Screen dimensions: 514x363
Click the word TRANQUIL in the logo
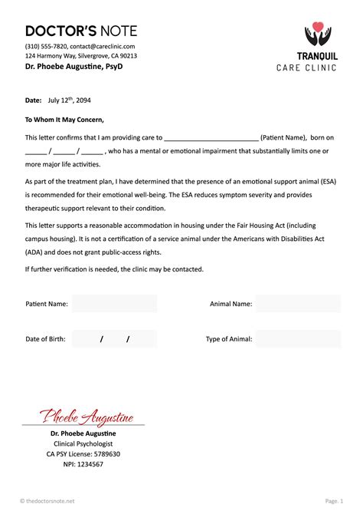[x=317, y=56]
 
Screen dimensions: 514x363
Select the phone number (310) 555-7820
[x=46, y=46]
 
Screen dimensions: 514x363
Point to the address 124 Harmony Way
[x=51, y=56]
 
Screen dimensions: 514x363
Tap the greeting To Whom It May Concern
[x=64, y=119]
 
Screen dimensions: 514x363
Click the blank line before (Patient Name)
[x=211, y=138]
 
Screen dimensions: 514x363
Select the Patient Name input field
[x=114, y=304]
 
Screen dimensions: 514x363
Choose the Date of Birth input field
[x=114, y=339]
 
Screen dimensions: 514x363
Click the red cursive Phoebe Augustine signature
[x=87, y=417]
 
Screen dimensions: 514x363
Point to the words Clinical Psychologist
[x=83, y=443]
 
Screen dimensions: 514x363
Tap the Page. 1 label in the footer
[x=334, y=501]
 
